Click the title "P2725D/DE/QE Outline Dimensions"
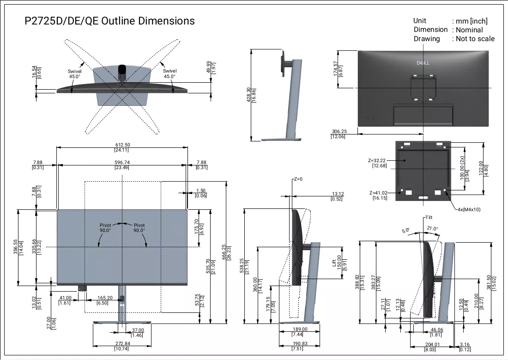click(x=109, y=21)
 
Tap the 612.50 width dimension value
click(x=122, y=145)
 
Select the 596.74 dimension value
click(x=122, y=162)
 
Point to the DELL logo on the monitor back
click(x=423, y=62)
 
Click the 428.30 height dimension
click(x=248, y=95)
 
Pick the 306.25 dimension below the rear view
click(x=339, y=131)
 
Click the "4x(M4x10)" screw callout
click(x=469, y=209)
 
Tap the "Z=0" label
click(x=298, y=179)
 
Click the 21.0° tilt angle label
click(x=432, y=228)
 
